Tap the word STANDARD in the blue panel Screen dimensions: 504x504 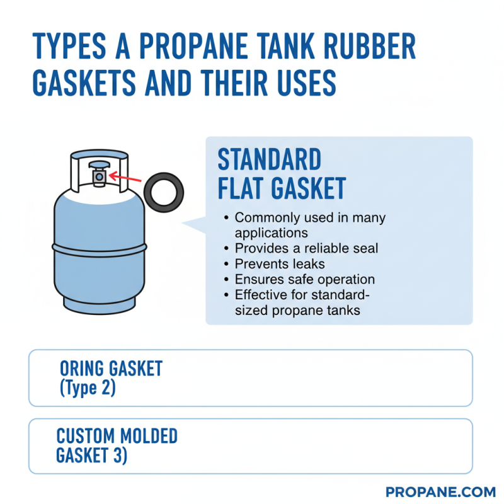coord(269,160)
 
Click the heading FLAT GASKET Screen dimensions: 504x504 coord(282,188)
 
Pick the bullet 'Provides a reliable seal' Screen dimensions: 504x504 coord(306,248)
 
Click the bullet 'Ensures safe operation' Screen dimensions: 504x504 coord(304,279)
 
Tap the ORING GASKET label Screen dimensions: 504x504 coord(111,369)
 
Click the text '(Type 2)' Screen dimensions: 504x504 coord(88,388)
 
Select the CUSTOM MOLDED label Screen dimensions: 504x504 coord(117,436)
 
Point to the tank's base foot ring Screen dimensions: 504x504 coord(100,306)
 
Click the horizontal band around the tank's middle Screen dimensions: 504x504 coord(100,246)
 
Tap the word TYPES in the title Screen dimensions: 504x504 coord(72,48)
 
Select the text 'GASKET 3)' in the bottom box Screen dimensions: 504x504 coord(92,455)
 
